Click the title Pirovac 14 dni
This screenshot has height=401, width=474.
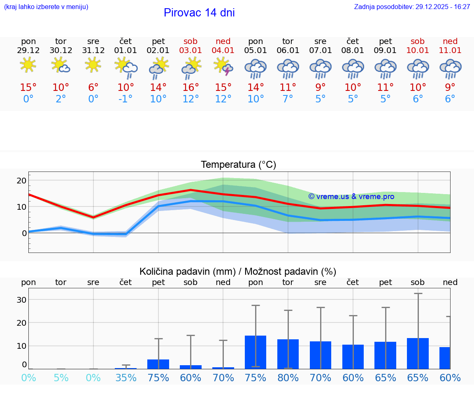[x=199, y=13]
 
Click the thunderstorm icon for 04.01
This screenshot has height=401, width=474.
[x=223, y=67]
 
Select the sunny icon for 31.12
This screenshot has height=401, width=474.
[x=93, y=65]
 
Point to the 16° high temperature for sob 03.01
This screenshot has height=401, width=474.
[x=191, y=88]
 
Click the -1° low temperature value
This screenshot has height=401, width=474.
[x=125, y=99]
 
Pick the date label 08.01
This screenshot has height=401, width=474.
[x=353, y=51]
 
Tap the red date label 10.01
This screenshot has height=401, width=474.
[x=418, y=51]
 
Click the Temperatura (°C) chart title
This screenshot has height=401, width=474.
[x=239, y=165]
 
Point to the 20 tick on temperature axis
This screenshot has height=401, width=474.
[x=21, y=181]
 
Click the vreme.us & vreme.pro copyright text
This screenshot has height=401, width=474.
[x=351, y=197]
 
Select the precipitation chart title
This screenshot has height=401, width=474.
[x=238, y=271]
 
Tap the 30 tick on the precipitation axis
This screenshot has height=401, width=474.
[x=21, y=300]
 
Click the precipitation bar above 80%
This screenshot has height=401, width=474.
[x=288, y=354]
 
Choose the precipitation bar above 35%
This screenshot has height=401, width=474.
[x=126, y=368]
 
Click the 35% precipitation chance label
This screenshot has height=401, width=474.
[x=126, y=378]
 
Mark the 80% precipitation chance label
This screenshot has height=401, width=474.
[x=288, y=378]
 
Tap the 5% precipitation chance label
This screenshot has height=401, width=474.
[x=61, y=378]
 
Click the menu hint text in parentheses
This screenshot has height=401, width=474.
[x=46, y=7]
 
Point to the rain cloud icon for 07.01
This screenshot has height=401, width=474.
[x=321, y=69]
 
